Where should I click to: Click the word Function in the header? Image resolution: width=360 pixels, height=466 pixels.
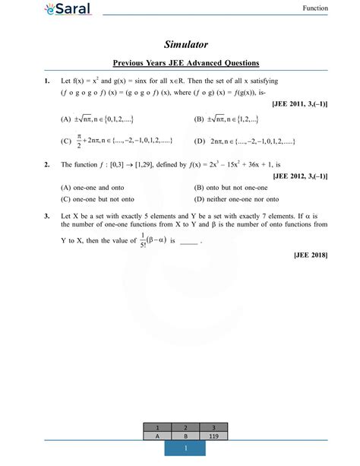(315, 8)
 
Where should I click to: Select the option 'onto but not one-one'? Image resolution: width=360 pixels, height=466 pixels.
(235, 187)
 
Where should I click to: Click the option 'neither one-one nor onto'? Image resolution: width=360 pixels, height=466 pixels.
(240, 199)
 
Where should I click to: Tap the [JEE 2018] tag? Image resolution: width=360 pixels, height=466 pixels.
(311, 255)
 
